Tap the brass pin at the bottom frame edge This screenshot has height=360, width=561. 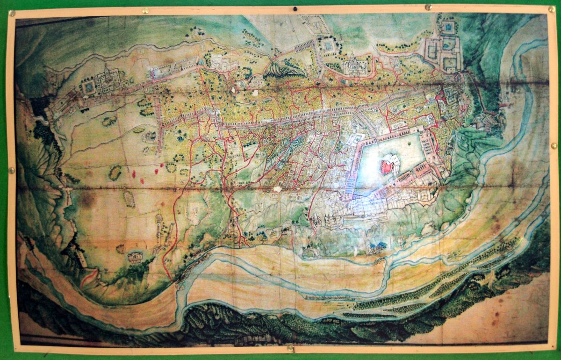click(290, 348)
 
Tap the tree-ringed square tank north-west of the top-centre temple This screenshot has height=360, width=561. click(327, 45)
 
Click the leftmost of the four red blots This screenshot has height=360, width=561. click(134, 174)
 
